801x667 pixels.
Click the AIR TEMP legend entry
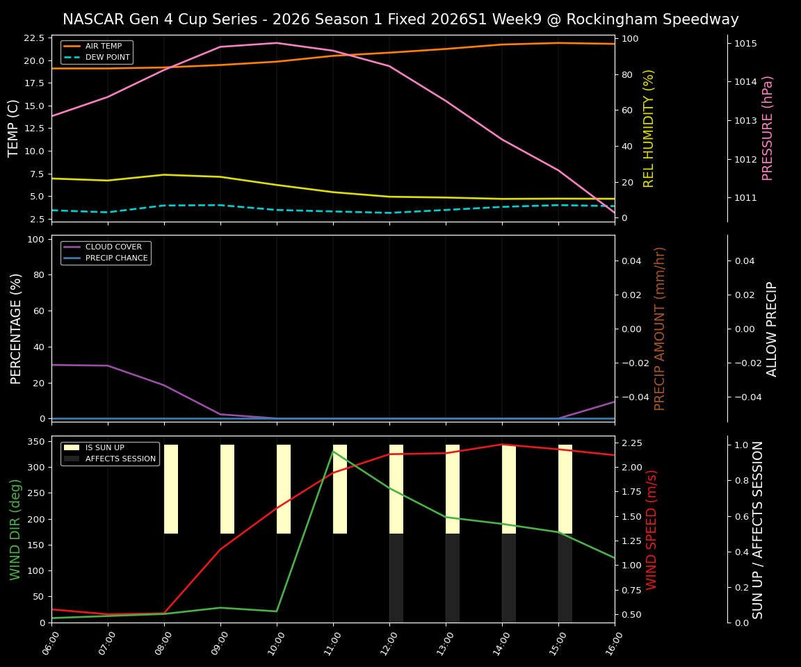pos(103,47)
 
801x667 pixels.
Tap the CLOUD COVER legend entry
pos(113,247)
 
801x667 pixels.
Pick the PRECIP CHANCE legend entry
pos(116,258)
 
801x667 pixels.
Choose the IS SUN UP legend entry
pos(104,448)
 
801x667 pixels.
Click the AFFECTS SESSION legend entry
pos(120,459)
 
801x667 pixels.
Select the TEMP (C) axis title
pos(14,129)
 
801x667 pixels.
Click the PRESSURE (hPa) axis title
pos(768,129)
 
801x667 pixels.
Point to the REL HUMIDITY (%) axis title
pos(649,129)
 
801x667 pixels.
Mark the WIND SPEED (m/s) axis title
pos(652,529)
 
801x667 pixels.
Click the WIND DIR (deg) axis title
pos(15,529)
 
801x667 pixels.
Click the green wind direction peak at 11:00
pos(333,452)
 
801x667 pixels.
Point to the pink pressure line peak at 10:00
pos(277,43)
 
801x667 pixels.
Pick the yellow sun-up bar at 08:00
pos(171,489)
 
